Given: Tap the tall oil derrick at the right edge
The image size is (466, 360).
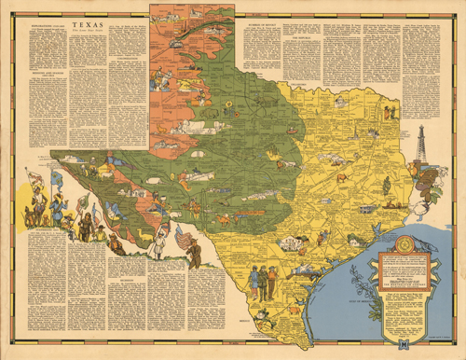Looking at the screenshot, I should (422, 145).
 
